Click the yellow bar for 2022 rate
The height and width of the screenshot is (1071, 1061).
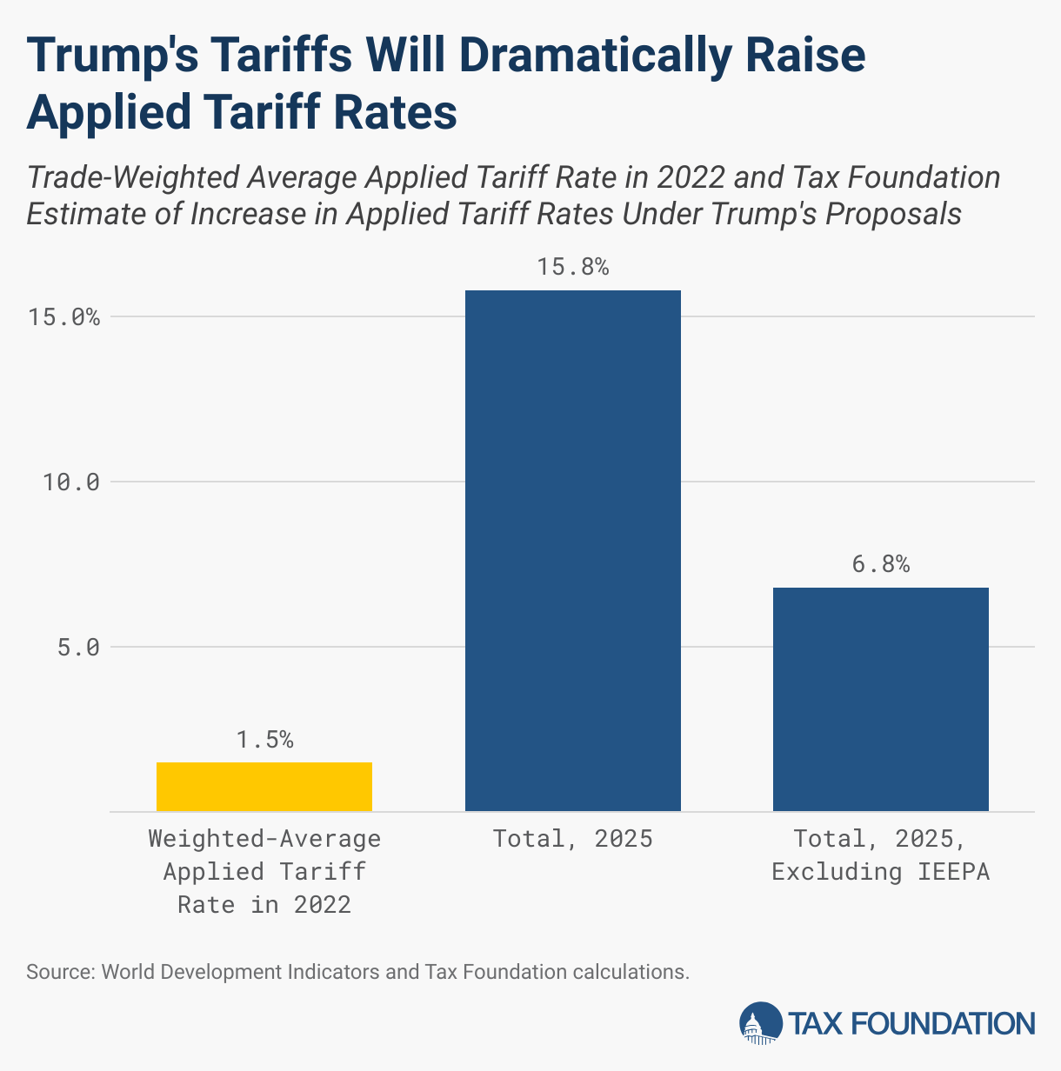264,787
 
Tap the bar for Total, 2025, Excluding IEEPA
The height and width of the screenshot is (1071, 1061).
880,699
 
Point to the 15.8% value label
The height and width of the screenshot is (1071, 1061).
573,267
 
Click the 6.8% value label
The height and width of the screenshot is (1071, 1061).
880,564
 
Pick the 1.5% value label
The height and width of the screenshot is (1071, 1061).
264,740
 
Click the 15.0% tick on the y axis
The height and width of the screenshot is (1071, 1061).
63,317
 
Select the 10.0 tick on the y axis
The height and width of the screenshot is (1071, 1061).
71,482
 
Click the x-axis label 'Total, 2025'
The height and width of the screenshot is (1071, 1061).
573,839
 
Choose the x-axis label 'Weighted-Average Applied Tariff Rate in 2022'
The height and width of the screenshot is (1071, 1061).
264,871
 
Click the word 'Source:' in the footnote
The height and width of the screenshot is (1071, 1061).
60,971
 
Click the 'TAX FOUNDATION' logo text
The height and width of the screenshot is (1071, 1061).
912,1023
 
